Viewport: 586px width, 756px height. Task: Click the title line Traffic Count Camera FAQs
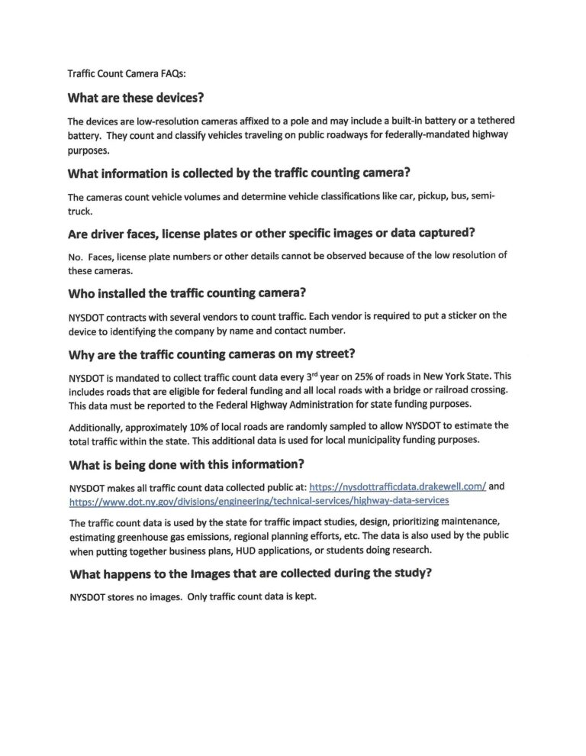(x=121, y=74)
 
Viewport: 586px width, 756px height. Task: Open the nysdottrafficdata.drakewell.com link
(x=398, y=486)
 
